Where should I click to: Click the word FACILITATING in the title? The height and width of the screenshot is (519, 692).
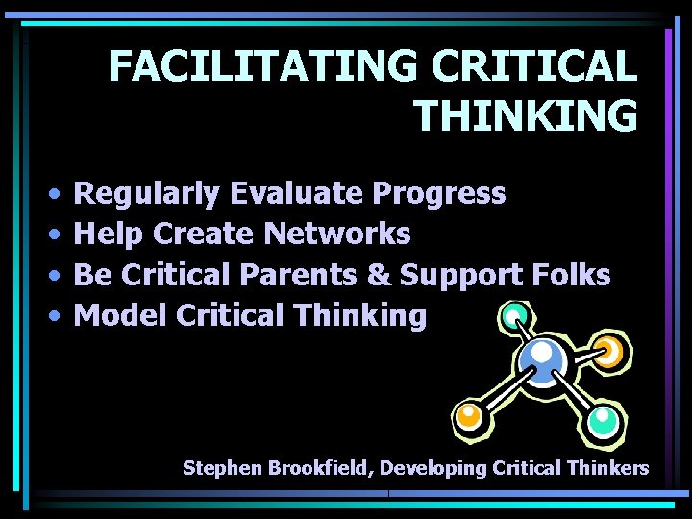click(x=262, y=66)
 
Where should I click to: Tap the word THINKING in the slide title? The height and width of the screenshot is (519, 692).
click(x=525, y=115)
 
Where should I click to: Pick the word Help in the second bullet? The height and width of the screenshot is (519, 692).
click(x=108, y=234)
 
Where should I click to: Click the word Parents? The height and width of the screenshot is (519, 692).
click(x=299, y=275)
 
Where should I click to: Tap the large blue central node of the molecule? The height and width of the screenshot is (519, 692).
click(x=540, y=360)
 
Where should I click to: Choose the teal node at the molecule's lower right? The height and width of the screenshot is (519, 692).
click(x=603, y=418)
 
